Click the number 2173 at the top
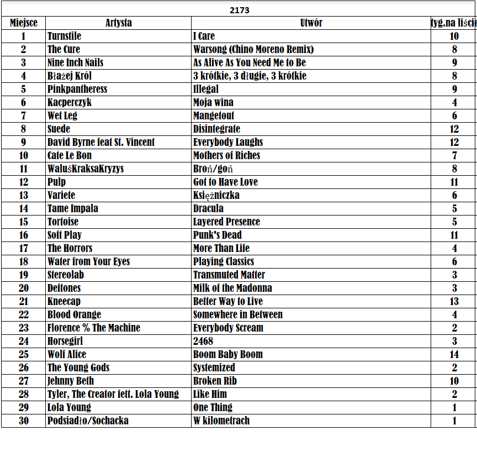(x=239, y=10)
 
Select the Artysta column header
(x=118, y=23)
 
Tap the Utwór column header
(x=311, y=23)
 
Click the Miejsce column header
(x=24, y=23)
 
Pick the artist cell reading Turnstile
(x=64, y=36)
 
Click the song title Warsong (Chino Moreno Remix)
(x=253, y=49)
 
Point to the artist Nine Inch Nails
(x=75, y=62)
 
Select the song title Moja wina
(x=213, y=102)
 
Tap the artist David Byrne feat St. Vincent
(x=101, y=142)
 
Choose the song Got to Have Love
(x=225, y=182)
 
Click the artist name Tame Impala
(x=72, y=208)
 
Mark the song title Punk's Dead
(x=217, y=235)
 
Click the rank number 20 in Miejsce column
(x=23, y=288)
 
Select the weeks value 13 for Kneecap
(x=454, y=301)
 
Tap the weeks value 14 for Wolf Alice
(x=454, y=354)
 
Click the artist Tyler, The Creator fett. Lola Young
(x=113, y=394)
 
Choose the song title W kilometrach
(x=221, y=421)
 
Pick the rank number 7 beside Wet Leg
(x=23, y=115)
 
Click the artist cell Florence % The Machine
(x=93, y=328)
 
